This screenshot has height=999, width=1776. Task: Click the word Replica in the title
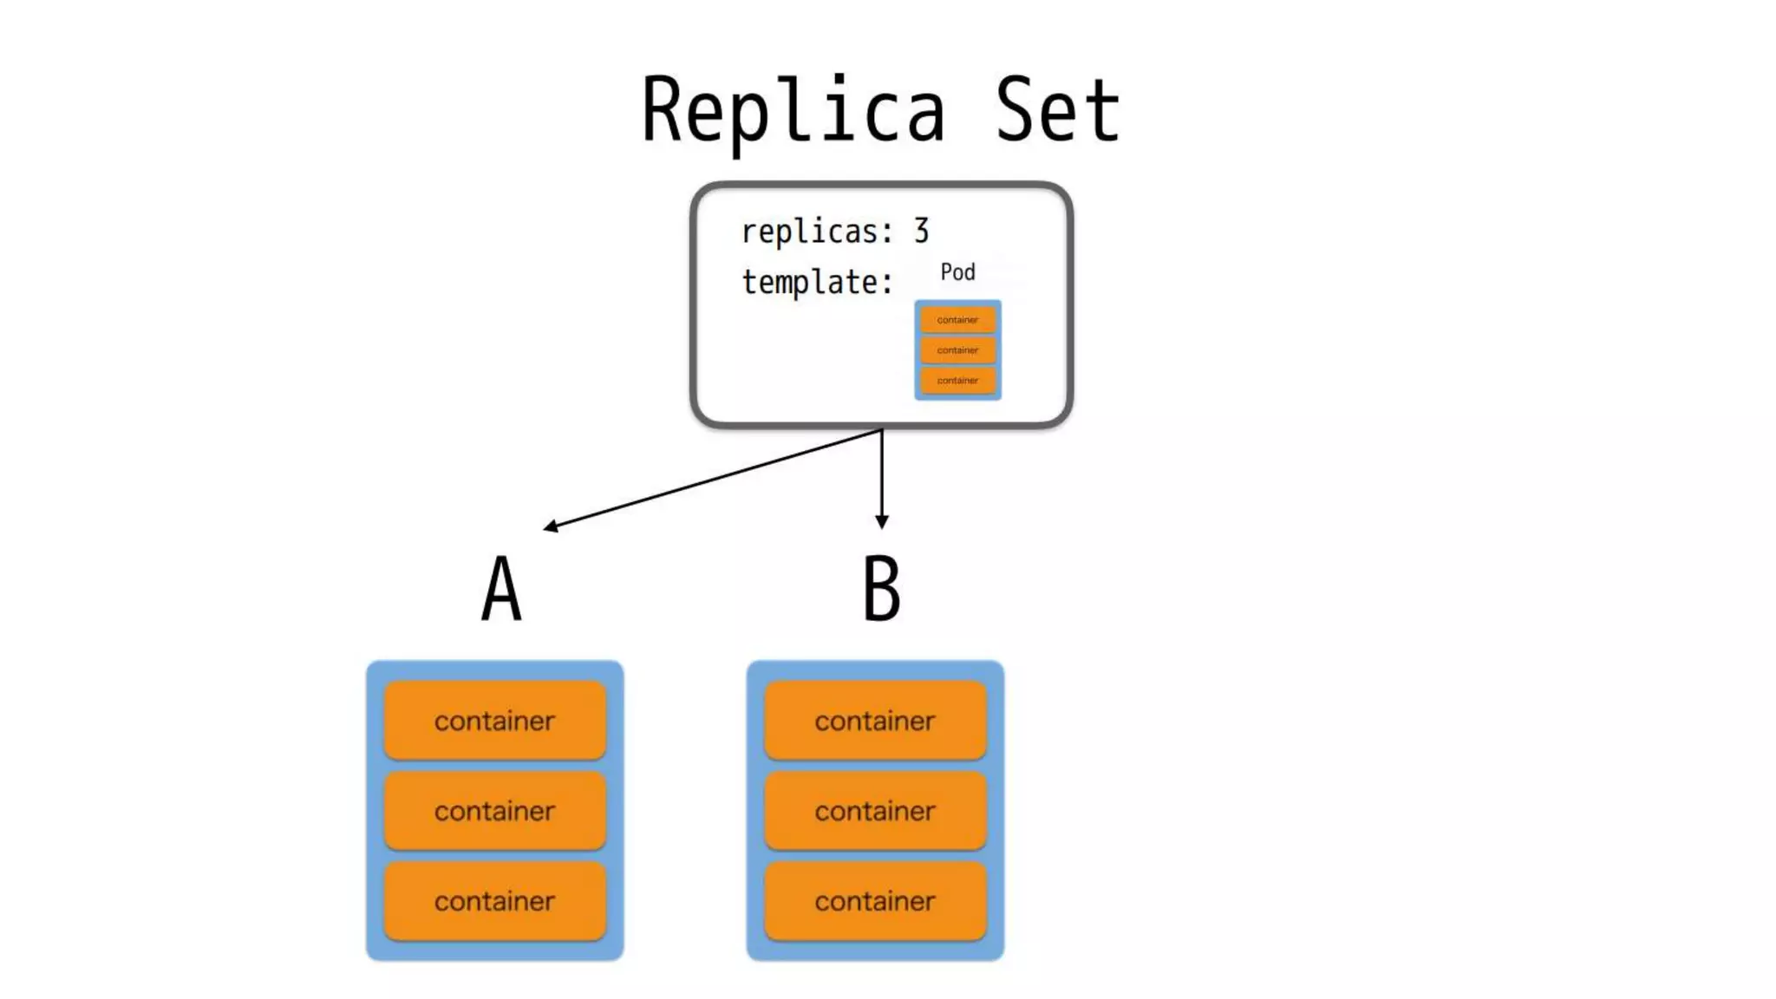(x=792, y=111)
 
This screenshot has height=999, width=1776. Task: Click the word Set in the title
(x=1057, y=111)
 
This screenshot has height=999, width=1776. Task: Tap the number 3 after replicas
(x=921, y=231)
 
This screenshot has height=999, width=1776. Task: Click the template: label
(x=816, y=283)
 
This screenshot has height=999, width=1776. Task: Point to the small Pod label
(x=957, y=272)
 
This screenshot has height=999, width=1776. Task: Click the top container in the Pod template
(x=957, y=320)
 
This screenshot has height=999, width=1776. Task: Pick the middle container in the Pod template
(x=957, y=350)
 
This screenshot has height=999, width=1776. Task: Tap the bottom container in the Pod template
(x=957, y=381)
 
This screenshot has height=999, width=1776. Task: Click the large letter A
(x=501, y=590)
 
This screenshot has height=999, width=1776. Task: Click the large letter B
(x=881, y=590)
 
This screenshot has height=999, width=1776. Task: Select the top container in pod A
(x=494, y=721)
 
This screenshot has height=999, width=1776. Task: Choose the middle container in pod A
(x=494, y=811)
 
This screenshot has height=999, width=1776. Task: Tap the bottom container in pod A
(x=494, y=901)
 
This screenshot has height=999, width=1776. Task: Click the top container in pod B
(x=875, y=721)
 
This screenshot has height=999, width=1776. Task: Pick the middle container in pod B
(x=875, y=811)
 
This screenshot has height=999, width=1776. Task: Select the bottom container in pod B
(x=875, y=901)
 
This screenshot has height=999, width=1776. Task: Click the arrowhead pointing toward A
(x=550, y=526)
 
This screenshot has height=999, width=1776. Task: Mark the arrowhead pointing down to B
(x=882, y=522)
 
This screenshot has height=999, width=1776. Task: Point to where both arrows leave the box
(x=882, y=429)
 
